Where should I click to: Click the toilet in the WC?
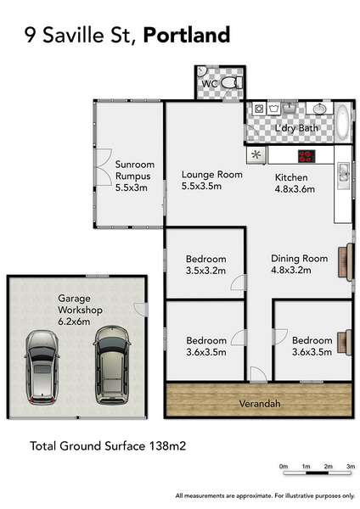point(232,83)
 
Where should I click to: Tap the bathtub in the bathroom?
point(342,122)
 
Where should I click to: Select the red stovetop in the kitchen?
point(307,156)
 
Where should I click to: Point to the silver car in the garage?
point(42,367)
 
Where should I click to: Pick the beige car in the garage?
point(112,365)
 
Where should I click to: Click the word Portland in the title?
point(187,35)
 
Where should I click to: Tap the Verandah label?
point(260,404)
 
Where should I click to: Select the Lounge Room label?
point(212,175)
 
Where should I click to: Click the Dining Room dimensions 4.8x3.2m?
point(290,270)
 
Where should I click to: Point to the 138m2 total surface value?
point(167,445)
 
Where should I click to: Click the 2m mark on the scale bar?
point(328,467)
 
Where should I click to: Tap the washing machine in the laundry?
point(259,109)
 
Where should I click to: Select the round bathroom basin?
point(320,109)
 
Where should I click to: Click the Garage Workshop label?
point(80,305)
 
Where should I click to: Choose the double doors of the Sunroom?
point(104,167)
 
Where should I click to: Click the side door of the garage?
point(141,310)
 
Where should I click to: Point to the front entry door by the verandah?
point(259,374)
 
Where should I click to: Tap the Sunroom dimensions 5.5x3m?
point(132,187)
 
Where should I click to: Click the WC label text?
point(209,84)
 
